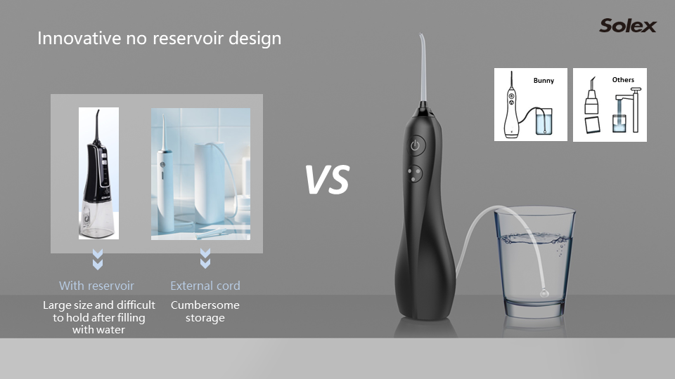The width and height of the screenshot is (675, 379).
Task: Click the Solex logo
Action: coord(628,26)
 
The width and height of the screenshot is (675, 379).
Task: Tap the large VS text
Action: coord(327,180)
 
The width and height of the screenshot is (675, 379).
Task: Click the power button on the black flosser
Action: coord(415,145)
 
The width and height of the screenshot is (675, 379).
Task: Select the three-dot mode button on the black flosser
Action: coord(415,173)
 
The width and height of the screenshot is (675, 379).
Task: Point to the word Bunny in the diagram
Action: coord(544,81)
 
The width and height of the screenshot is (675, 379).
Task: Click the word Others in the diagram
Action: coord(623,79)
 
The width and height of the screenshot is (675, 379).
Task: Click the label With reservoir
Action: coord(96,286)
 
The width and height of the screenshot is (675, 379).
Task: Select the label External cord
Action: coord(205,286)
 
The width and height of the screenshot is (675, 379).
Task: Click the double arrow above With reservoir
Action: coord(98,259)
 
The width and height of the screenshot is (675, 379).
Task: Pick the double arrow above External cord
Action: coord(205,258)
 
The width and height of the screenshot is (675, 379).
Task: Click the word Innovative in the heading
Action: coord(79,38)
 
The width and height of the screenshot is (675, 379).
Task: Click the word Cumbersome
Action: coord(205,305)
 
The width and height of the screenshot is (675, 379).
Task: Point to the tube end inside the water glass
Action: coord(544,293)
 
